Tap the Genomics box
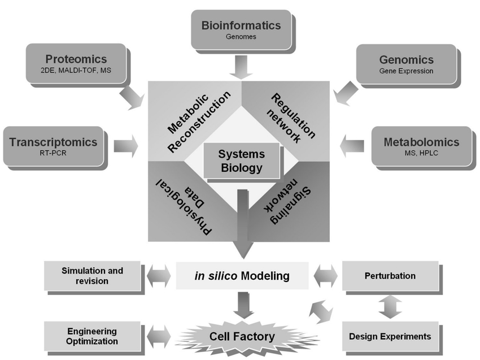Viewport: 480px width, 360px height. [406, 64]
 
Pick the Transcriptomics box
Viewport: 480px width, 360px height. [54, 146]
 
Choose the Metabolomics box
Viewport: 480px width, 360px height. [421, 146]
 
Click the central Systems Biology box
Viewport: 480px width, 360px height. [241, 160]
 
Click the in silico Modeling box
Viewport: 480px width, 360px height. [242, 276]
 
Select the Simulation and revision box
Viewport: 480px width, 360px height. [92, 276]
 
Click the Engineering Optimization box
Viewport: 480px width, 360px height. [92, 336]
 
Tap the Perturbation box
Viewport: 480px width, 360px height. [390, 276]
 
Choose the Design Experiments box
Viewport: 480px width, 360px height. [390, 336]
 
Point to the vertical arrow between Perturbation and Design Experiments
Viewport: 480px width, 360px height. [390, 306]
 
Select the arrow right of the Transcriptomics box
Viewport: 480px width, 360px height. [125, 146]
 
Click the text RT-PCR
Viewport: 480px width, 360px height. [54, 153]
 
